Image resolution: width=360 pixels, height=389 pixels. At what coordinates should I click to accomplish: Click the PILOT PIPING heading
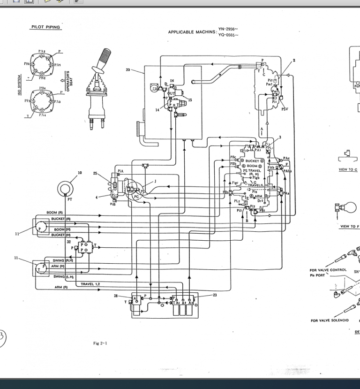point(45,27)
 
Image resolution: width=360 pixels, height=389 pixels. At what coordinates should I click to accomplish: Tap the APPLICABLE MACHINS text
point(193,32)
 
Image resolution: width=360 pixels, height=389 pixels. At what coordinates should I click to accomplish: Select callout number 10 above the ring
point(79,173)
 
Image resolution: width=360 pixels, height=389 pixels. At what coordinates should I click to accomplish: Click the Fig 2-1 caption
point(100,343)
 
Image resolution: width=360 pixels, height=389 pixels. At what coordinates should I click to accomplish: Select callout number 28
point(116,296)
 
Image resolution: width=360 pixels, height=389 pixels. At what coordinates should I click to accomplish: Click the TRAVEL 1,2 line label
point(90,284)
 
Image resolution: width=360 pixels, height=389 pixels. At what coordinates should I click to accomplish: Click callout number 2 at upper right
point(294,61)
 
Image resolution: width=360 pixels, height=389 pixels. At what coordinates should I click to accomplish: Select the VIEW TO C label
point(348,169)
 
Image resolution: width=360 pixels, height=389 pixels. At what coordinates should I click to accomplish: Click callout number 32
point(69,242)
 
